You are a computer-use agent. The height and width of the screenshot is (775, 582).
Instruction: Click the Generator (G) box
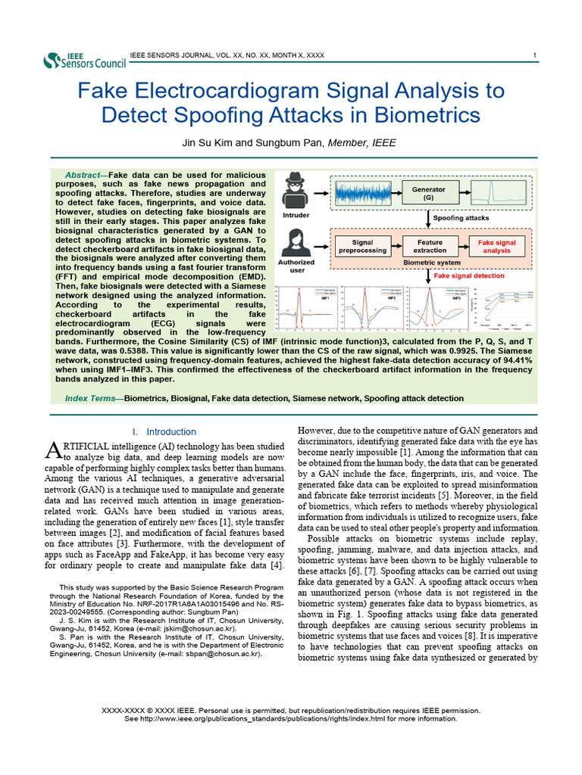click(428, 193)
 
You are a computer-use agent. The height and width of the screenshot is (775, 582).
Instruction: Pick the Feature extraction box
click(430, 246)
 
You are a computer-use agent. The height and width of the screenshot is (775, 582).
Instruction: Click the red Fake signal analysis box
click(496, 246)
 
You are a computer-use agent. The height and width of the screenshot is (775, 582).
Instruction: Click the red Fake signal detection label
click(468, 276)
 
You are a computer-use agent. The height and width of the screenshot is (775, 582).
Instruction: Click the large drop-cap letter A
click(53, 451)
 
